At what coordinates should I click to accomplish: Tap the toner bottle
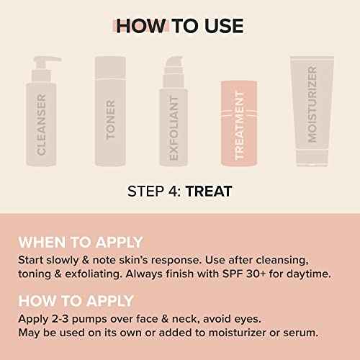111,108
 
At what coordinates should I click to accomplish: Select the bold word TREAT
209,192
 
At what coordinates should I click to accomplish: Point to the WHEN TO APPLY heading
81,243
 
